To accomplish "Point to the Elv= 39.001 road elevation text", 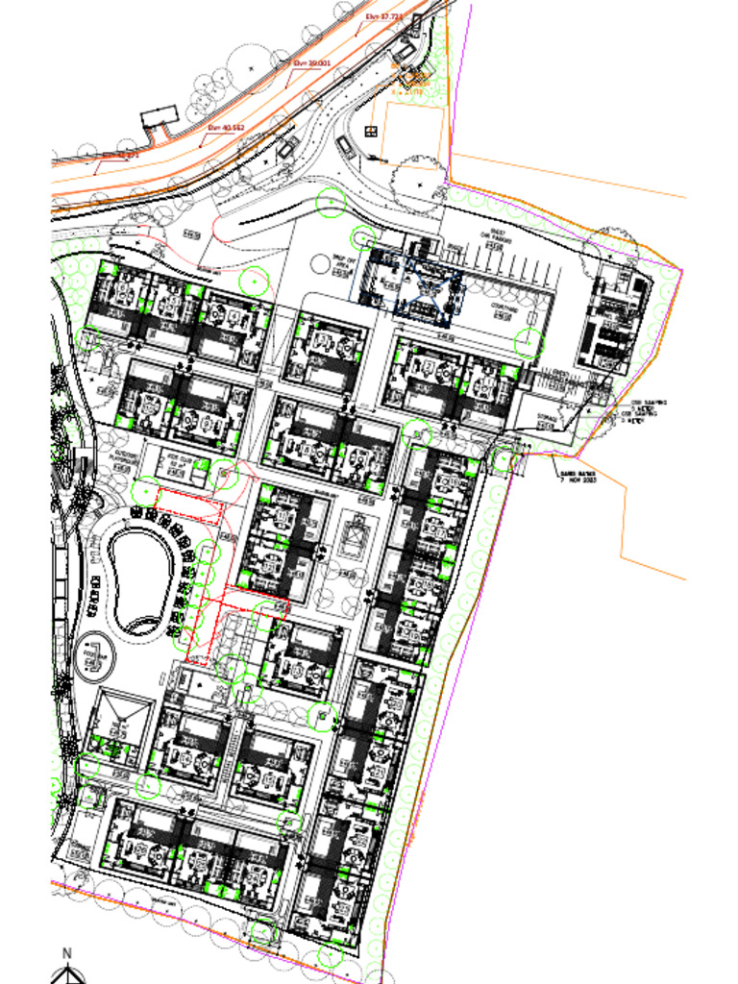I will (x=311, y=62).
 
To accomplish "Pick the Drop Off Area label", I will (x=345, y=259).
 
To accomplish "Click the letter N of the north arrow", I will (x=67, y=953).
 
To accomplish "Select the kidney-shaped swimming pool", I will (x=140, y=580).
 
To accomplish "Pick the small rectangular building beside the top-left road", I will (x=159, y=119).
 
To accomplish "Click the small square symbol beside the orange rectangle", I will (x=371, y=131).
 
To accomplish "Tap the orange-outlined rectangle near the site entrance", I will (x=414, y=134).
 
